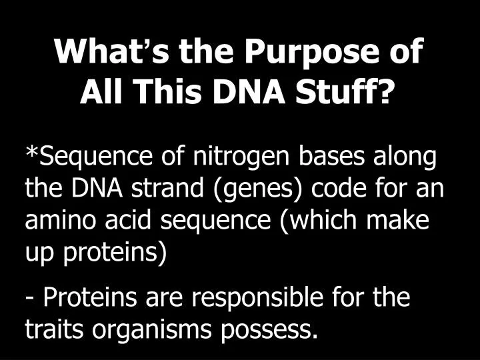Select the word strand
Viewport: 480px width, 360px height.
157,189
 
